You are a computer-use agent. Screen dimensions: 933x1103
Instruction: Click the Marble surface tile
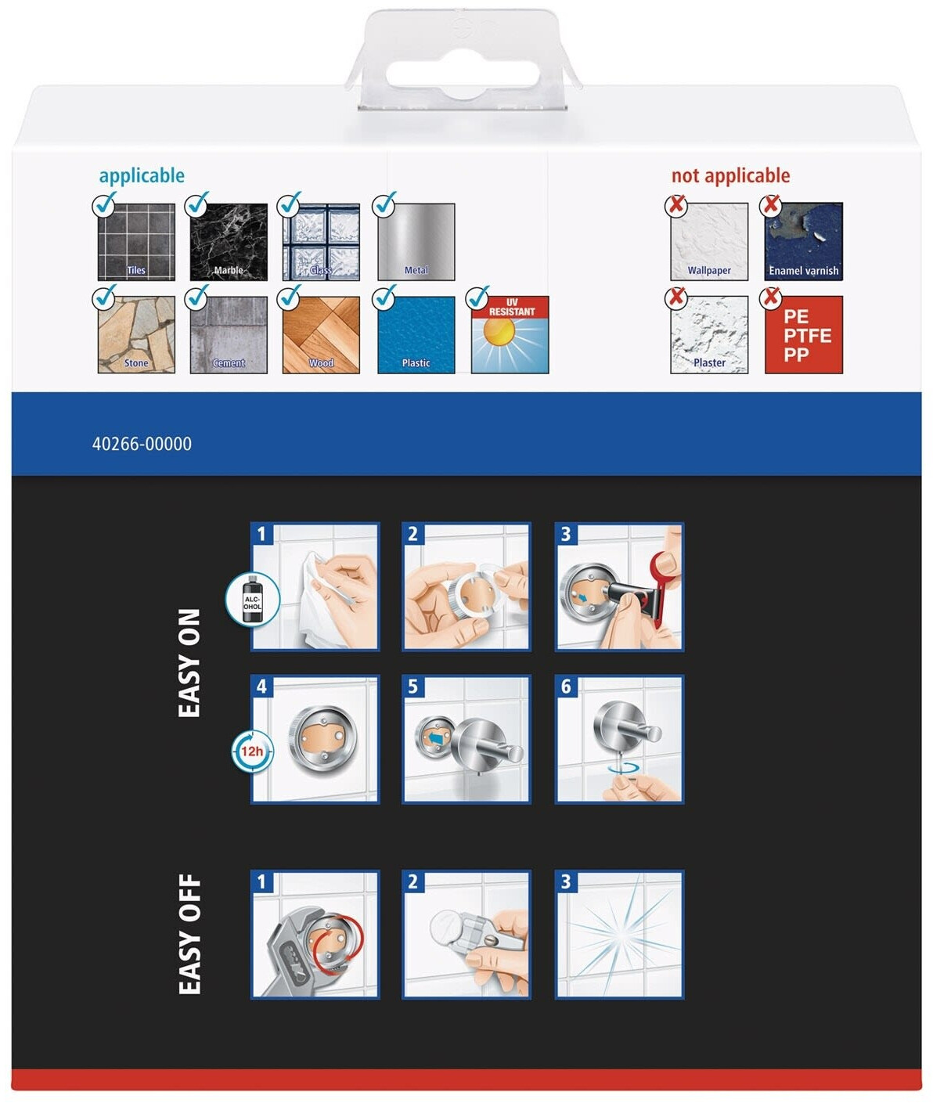(229, 242)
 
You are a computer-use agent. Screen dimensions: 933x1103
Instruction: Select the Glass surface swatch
(321, 242)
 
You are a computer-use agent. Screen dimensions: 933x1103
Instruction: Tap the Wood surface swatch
(321, 334)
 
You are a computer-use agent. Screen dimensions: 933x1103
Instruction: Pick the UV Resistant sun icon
(510, 334)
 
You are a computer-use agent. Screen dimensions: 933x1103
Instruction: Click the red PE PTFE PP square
(803, 334)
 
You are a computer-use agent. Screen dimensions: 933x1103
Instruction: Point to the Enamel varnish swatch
(803, 242)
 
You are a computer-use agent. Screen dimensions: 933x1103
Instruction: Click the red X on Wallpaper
(676, 205)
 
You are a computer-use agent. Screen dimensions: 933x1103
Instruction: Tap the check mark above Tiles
(105, 204)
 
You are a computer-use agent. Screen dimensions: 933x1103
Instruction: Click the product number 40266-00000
(142, 444)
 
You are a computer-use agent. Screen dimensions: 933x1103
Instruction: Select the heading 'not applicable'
(730, 175)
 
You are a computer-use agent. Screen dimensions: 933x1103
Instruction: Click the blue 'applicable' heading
(142, 176)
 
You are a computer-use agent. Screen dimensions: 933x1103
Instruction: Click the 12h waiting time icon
(252, 752)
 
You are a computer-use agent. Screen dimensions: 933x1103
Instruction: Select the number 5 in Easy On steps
(413, 687)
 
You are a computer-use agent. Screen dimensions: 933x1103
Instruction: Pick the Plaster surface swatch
(709, 334)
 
